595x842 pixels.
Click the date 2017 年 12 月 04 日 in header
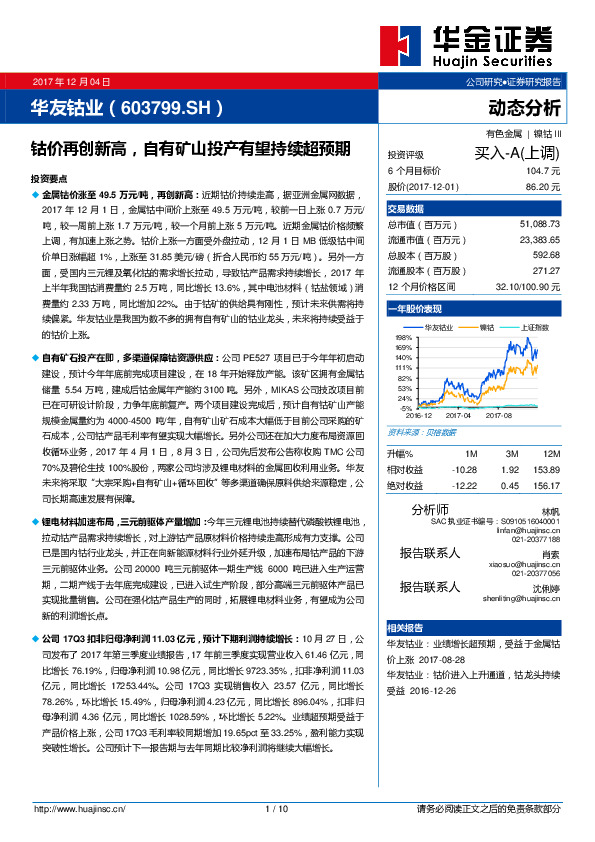pos(71,81)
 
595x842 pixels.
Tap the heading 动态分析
pos(524,108)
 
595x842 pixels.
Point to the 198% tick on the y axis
pos(404,338)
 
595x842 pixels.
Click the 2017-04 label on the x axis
pos(458,414)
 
